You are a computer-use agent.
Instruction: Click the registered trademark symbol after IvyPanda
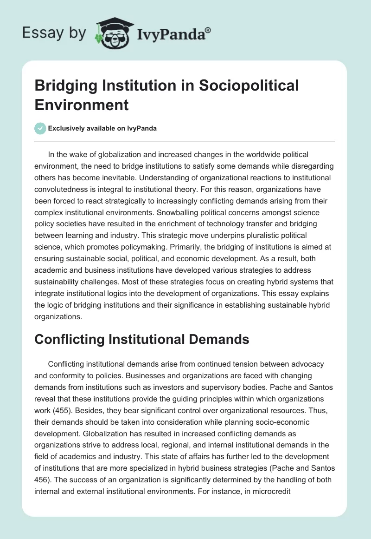[x=208, y=30]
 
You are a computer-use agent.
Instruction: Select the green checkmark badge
[x=40, y=129]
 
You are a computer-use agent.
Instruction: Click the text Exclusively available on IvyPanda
[x=103, y=129]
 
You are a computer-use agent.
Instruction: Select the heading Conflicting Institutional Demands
[x=142, y=340]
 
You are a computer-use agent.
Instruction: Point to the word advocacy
[x=308, y=363]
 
